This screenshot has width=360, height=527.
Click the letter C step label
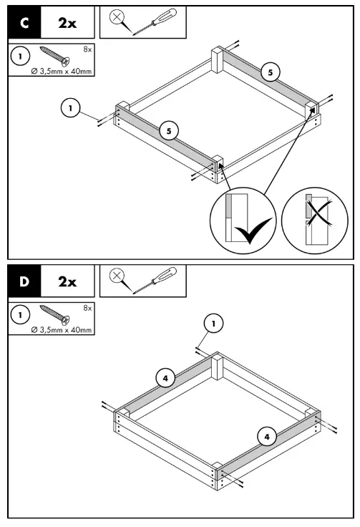coord(24,22)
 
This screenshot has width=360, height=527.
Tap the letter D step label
coord(24,281)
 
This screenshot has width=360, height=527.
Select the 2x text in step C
coord(67,22)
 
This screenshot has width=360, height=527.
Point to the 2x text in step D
coord(67,281)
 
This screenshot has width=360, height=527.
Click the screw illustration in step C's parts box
coord(54,56)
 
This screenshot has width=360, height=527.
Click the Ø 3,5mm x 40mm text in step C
coord(61,71)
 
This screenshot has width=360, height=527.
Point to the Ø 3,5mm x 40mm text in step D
coord(61,329)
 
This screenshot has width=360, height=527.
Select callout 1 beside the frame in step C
coord(69,108)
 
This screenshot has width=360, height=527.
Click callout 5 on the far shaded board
coord(271,72)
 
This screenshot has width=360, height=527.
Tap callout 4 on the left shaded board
coord(165,377)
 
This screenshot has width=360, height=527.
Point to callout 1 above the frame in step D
coord(213,324)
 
